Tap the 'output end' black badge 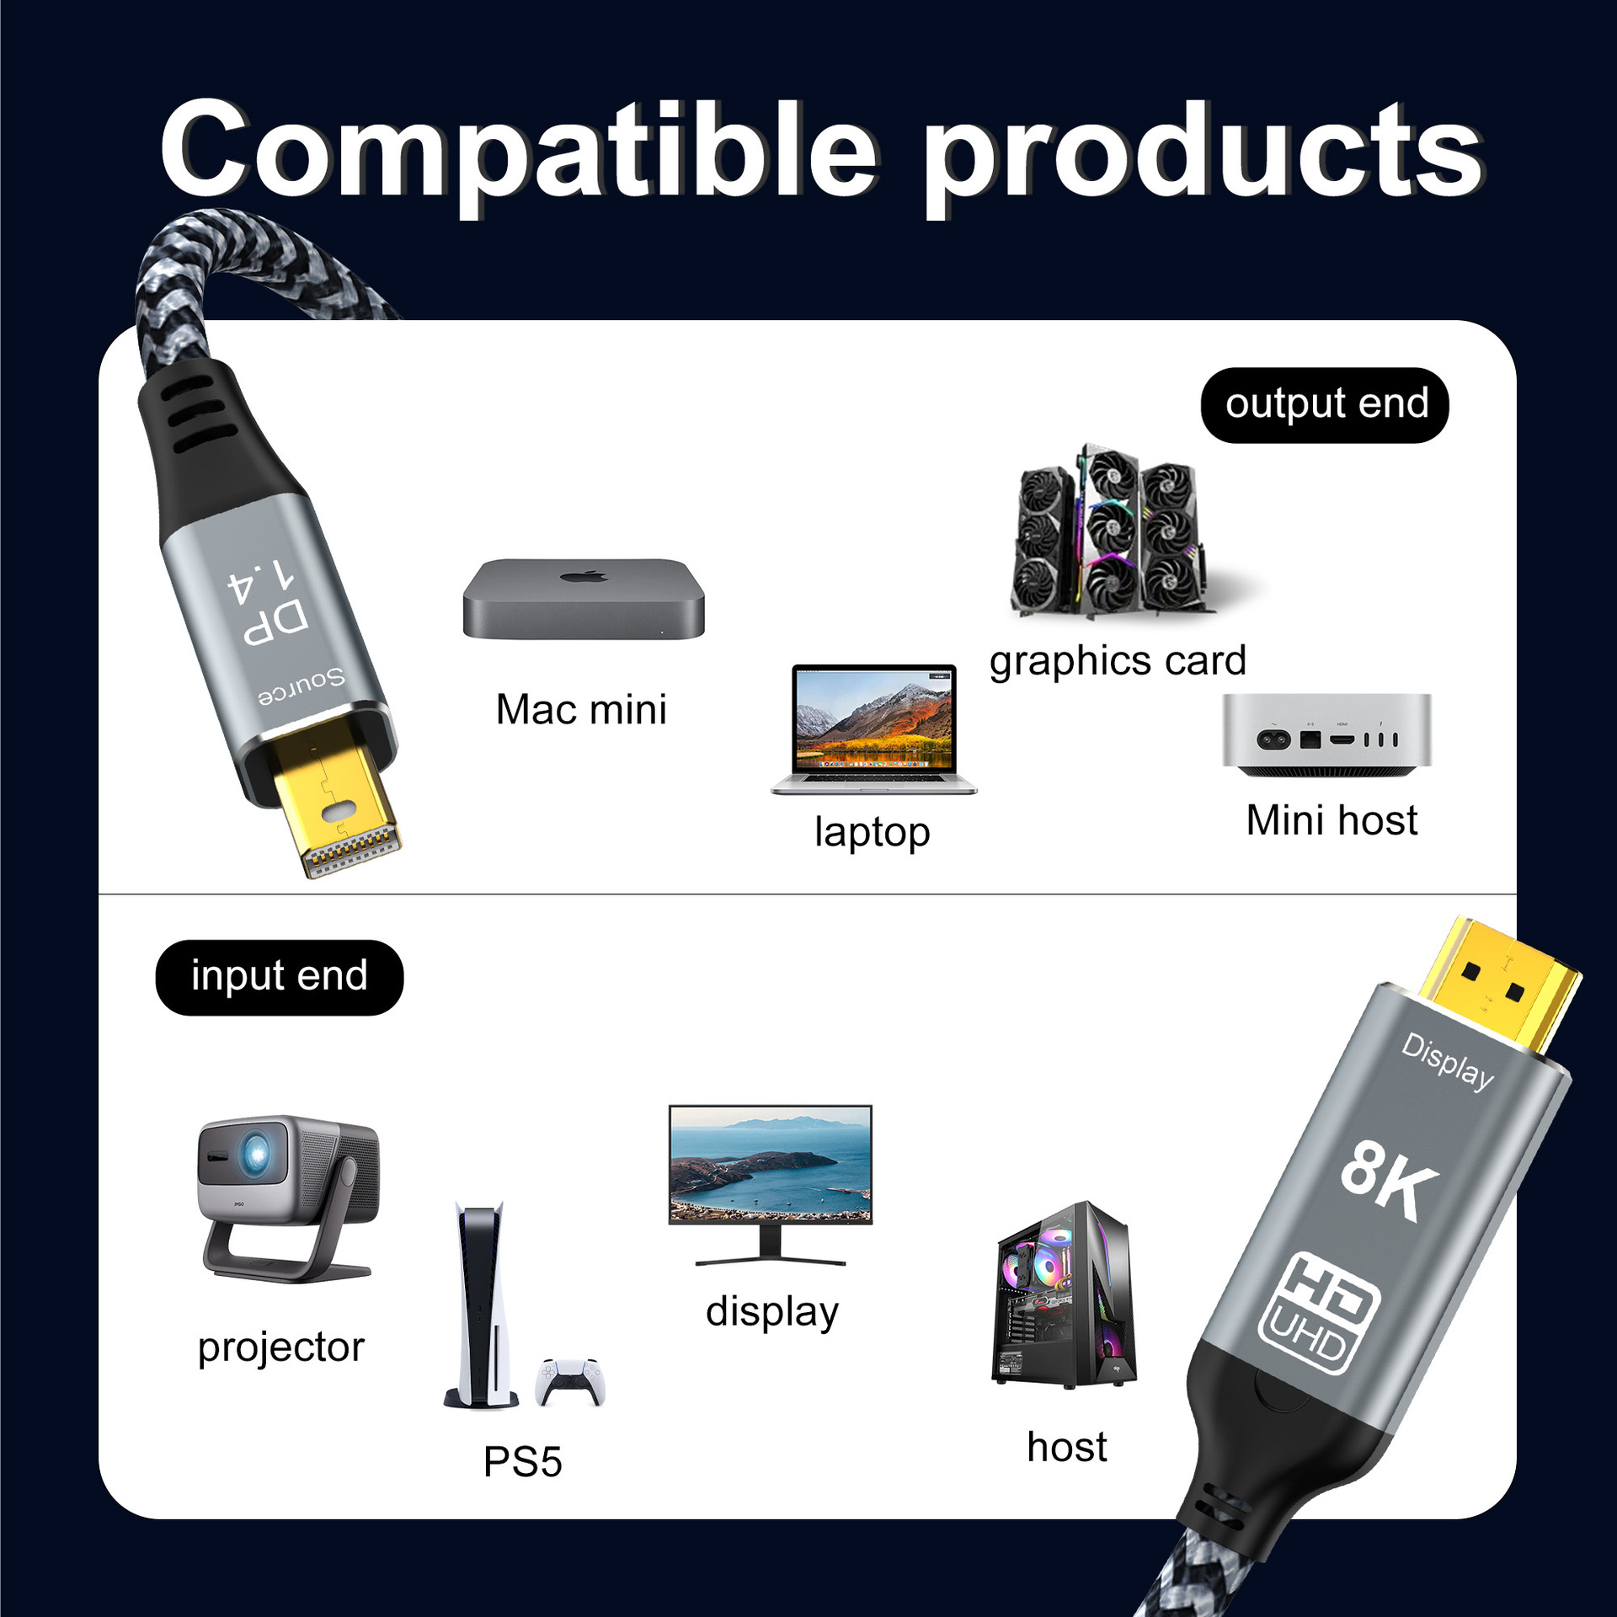click(x=1325, y=405)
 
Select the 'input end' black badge click(x=279, y=977)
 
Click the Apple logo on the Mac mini click(x=584, y=578)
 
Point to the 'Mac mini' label click(x=581, y=709)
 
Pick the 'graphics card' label click(x=1118, y=661)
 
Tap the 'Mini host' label click(x=1331, y=820)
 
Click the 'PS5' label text click(x=522, y=1462)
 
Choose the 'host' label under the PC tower click(x=1067, y=1447)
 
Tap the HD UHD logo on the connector click(x=1318, y=1313)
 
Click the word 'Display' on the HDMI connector click(x=1447, y=1061)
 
